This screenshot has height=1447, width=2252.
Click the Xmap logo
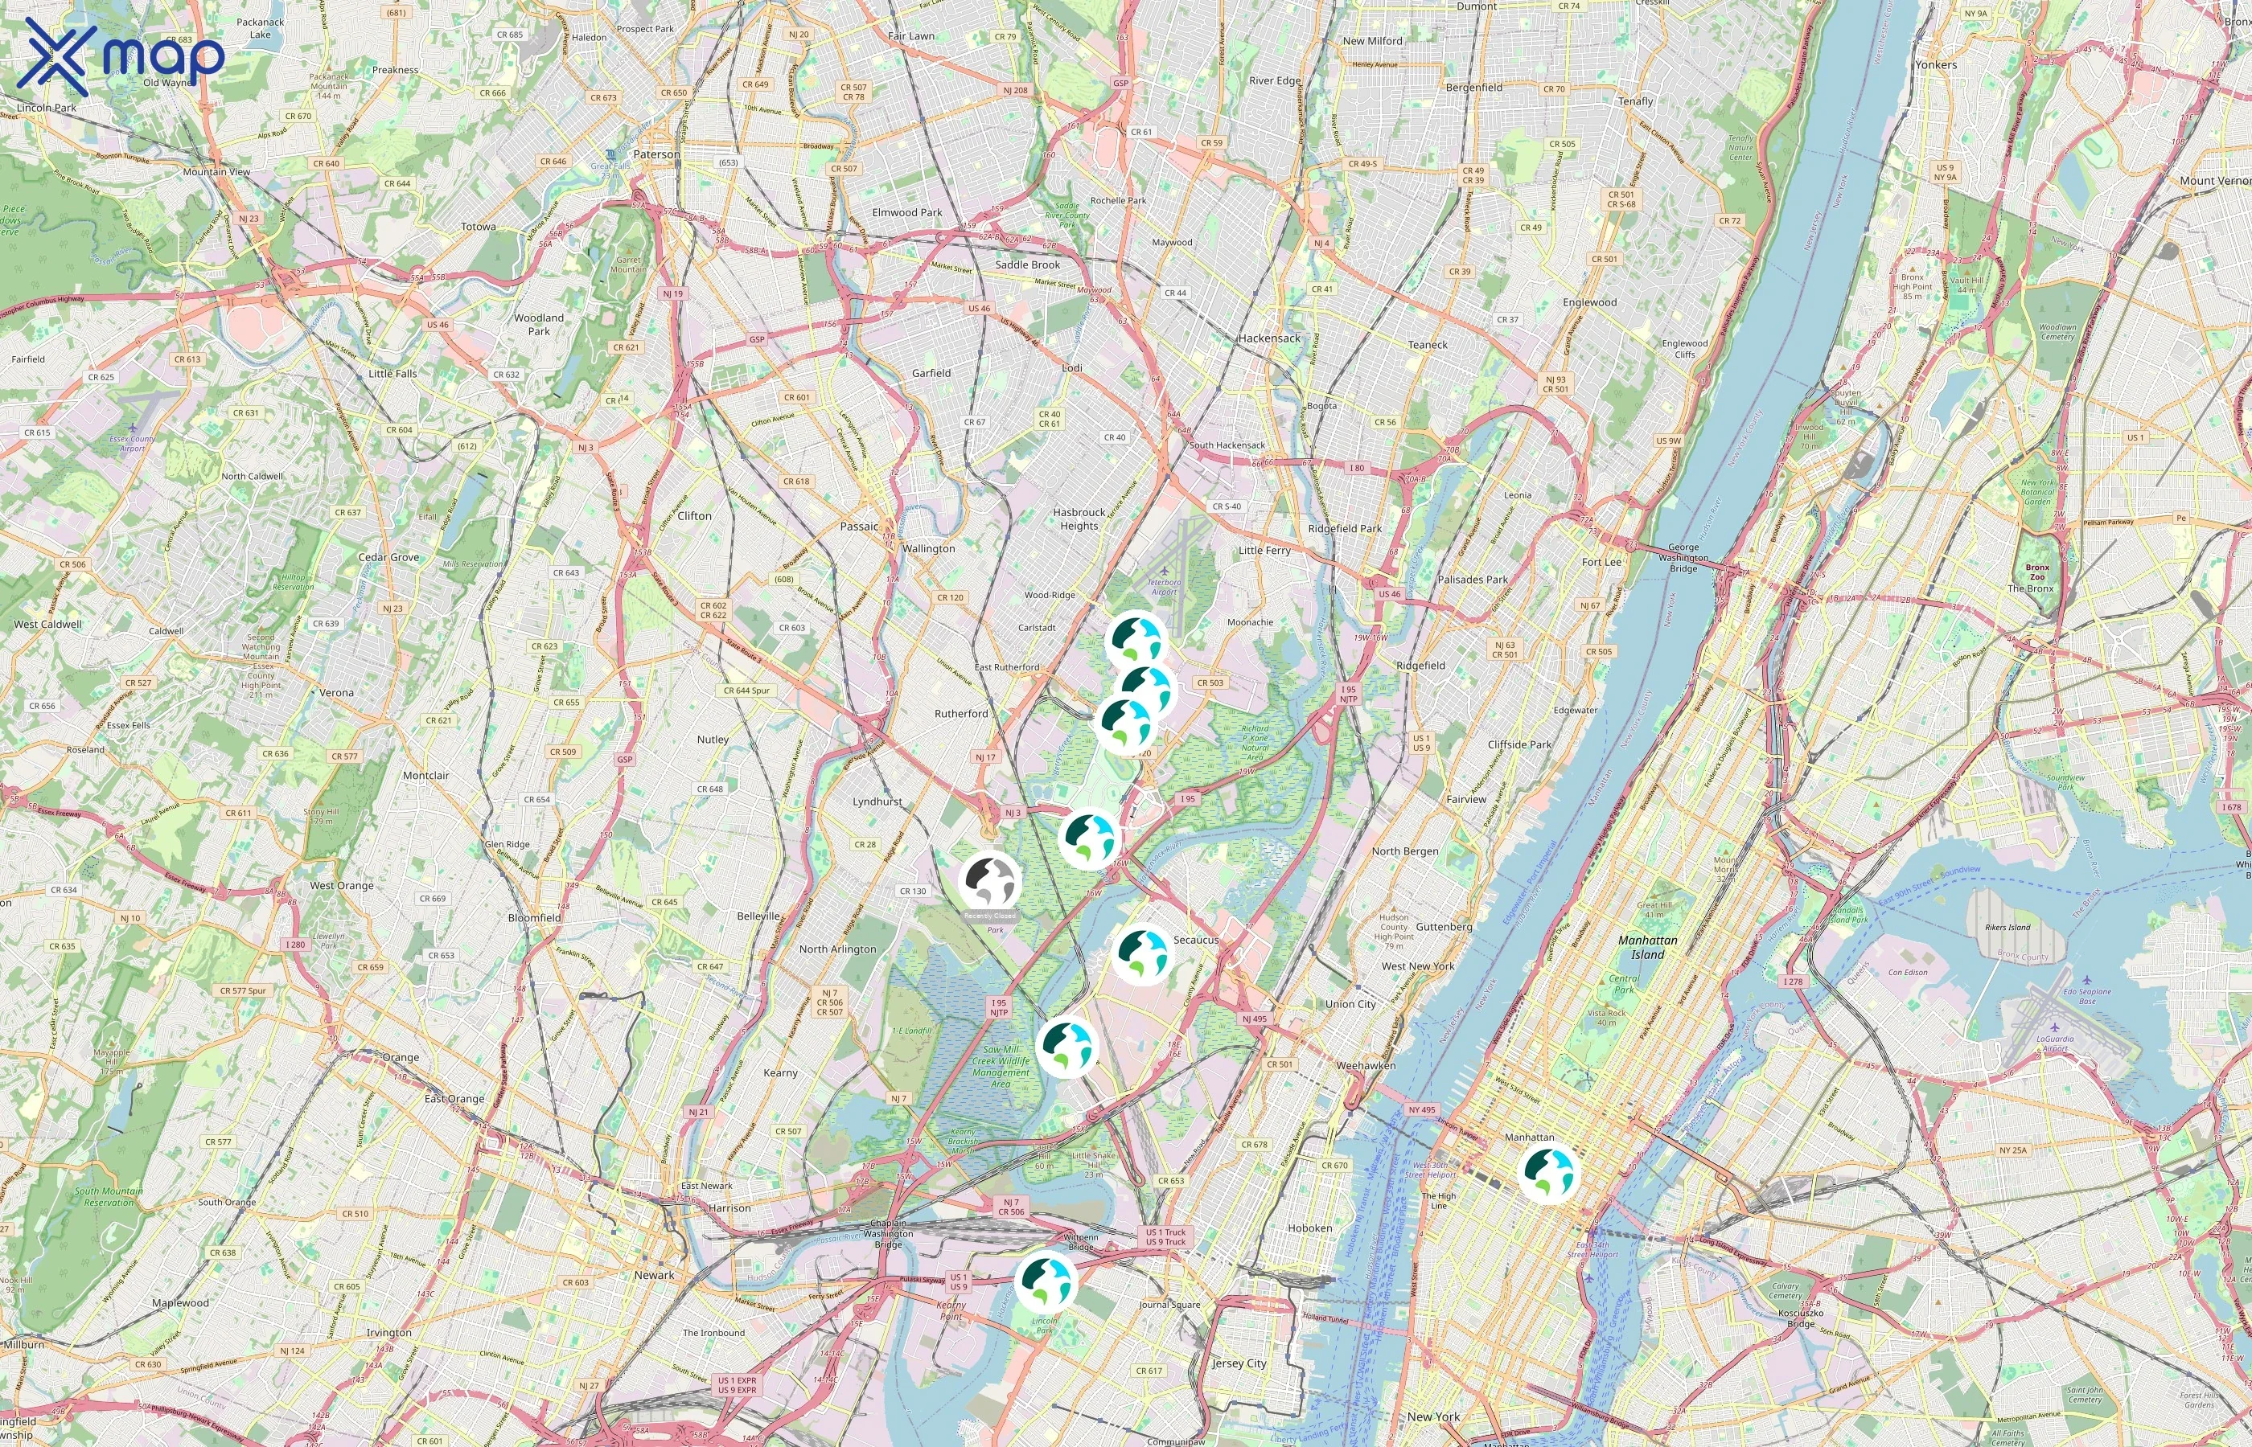[x=121, y=57]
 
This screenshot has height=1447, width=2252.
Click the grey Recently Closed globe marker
[x=990, y=880]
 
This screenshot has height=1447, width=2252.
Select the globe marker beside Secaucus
[x=1142, y=953]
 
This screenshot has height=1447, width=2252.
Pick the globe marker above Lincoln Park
[x=1045, y=1281]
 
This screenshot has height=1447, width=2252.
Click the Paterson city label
[x=656, y=154]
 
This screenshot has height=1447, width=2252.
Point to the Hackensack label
[x=1269, y=338]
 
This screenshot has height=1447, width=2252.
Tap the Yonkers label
[x=1936, y=65]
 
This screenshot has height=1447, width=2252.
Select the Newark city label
[x=654, y=1275]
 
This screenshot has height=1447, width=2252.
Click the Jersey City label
[x=1239, y=1363]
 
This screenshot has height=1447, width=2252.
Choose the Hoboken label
[x=1309, y=1228]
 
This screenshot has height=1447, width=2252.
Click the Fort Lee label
[x=1601, y=562]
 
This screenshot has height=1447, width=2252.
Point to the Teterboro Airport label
[x=1164, y=586]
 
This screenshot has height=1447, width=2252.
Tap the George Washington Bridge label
[x=1683, y=557]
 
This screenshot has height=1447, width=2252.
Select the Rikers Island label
[x=2007, y=928]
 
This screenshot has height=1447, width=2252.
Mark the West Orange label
[x=342, y=885]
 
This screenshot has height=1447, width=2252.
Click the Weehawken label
[x=1366, y=1065]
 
